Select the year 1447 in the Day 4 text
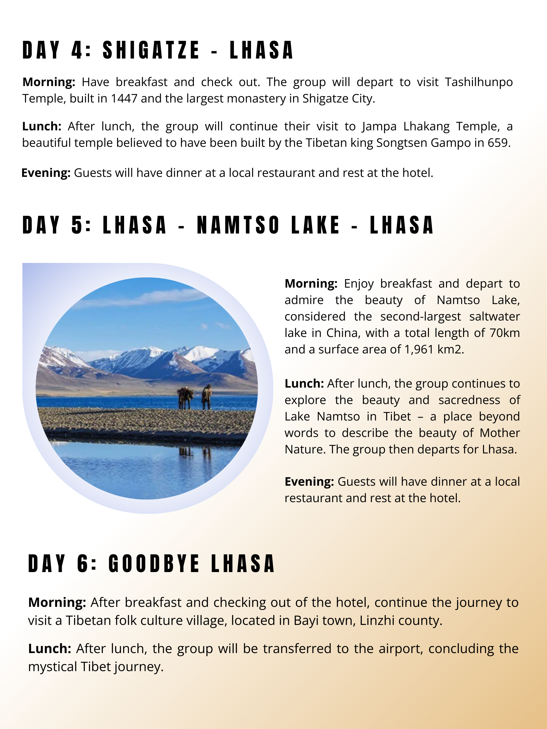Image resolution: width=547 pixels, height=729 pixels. pos(124,98)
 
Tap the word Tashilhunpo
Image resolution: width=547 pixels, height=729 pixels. pos(478,82)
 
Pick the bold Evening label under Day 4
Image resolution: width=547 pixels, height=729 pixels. pos(46,173)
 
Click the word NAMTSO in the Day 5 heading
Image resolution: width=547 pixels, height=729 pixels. pos(238,225)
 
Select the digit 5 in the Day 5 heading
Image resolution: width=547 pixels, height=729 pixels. pos(77,225)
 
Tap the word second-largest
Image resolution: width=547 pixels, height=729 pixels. pos(420,316)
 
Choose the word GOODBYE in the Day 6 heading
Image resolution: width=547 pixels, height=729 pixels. pos(154,564)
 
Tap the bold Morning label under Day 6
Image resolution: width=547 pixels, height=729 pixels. pos(57,602)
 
